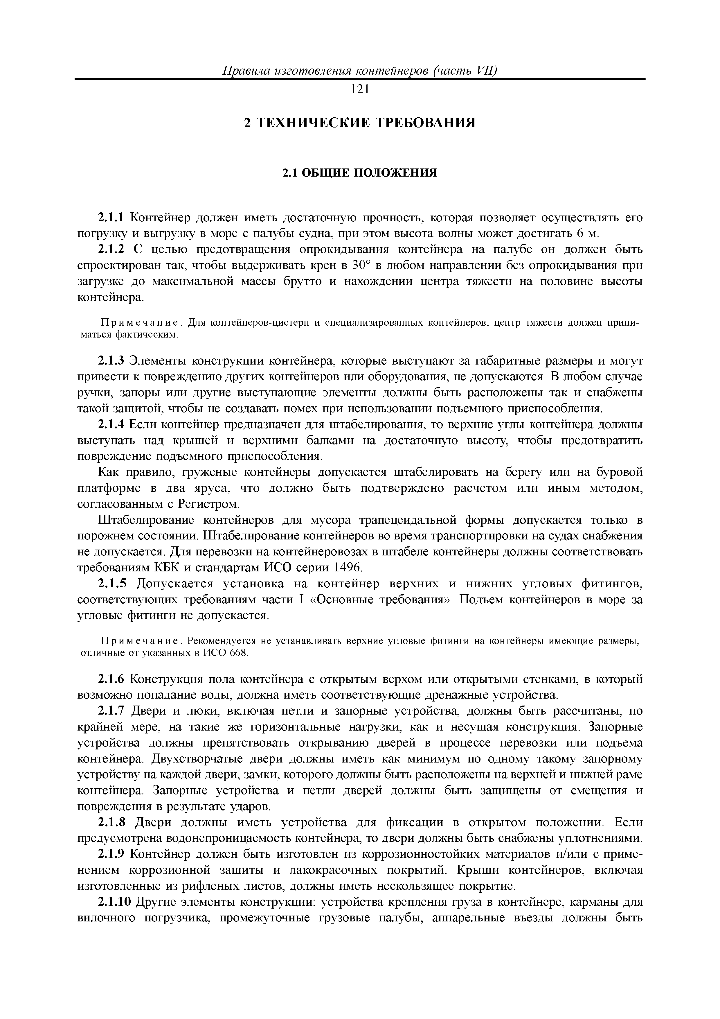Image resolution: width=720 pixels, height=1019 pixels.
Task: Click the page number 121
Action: coord(360,89)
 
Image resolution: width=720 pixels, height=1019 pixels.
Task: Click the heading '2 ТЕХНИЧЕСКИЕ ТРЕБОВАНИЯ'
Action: coord(360,123)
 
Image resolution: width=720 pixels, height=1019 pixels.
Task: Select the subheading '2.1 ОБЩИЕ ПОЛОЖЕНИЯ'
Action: coord(360,173)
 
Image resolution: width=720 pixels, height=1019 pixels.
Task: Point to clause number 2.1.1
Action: coord(112,218)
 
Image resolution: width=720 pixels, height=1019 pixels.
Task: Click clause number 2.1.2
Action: coord(112,250)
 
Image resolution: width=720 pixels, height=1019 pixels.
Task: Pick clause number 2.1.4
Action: coord(112,425)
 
